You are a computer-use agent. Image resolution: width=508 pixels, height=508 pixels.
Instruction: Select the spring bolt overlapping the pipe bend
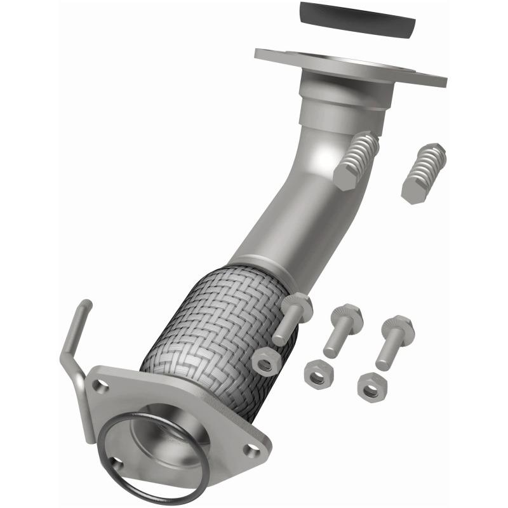point(356,160)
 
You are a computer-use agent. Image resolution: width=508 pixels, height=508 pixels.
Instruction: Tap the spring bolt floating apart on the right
point(424,173)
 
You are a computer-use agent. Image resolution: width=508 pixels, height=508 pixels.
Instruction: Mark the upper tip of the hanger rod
point(86,305)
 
